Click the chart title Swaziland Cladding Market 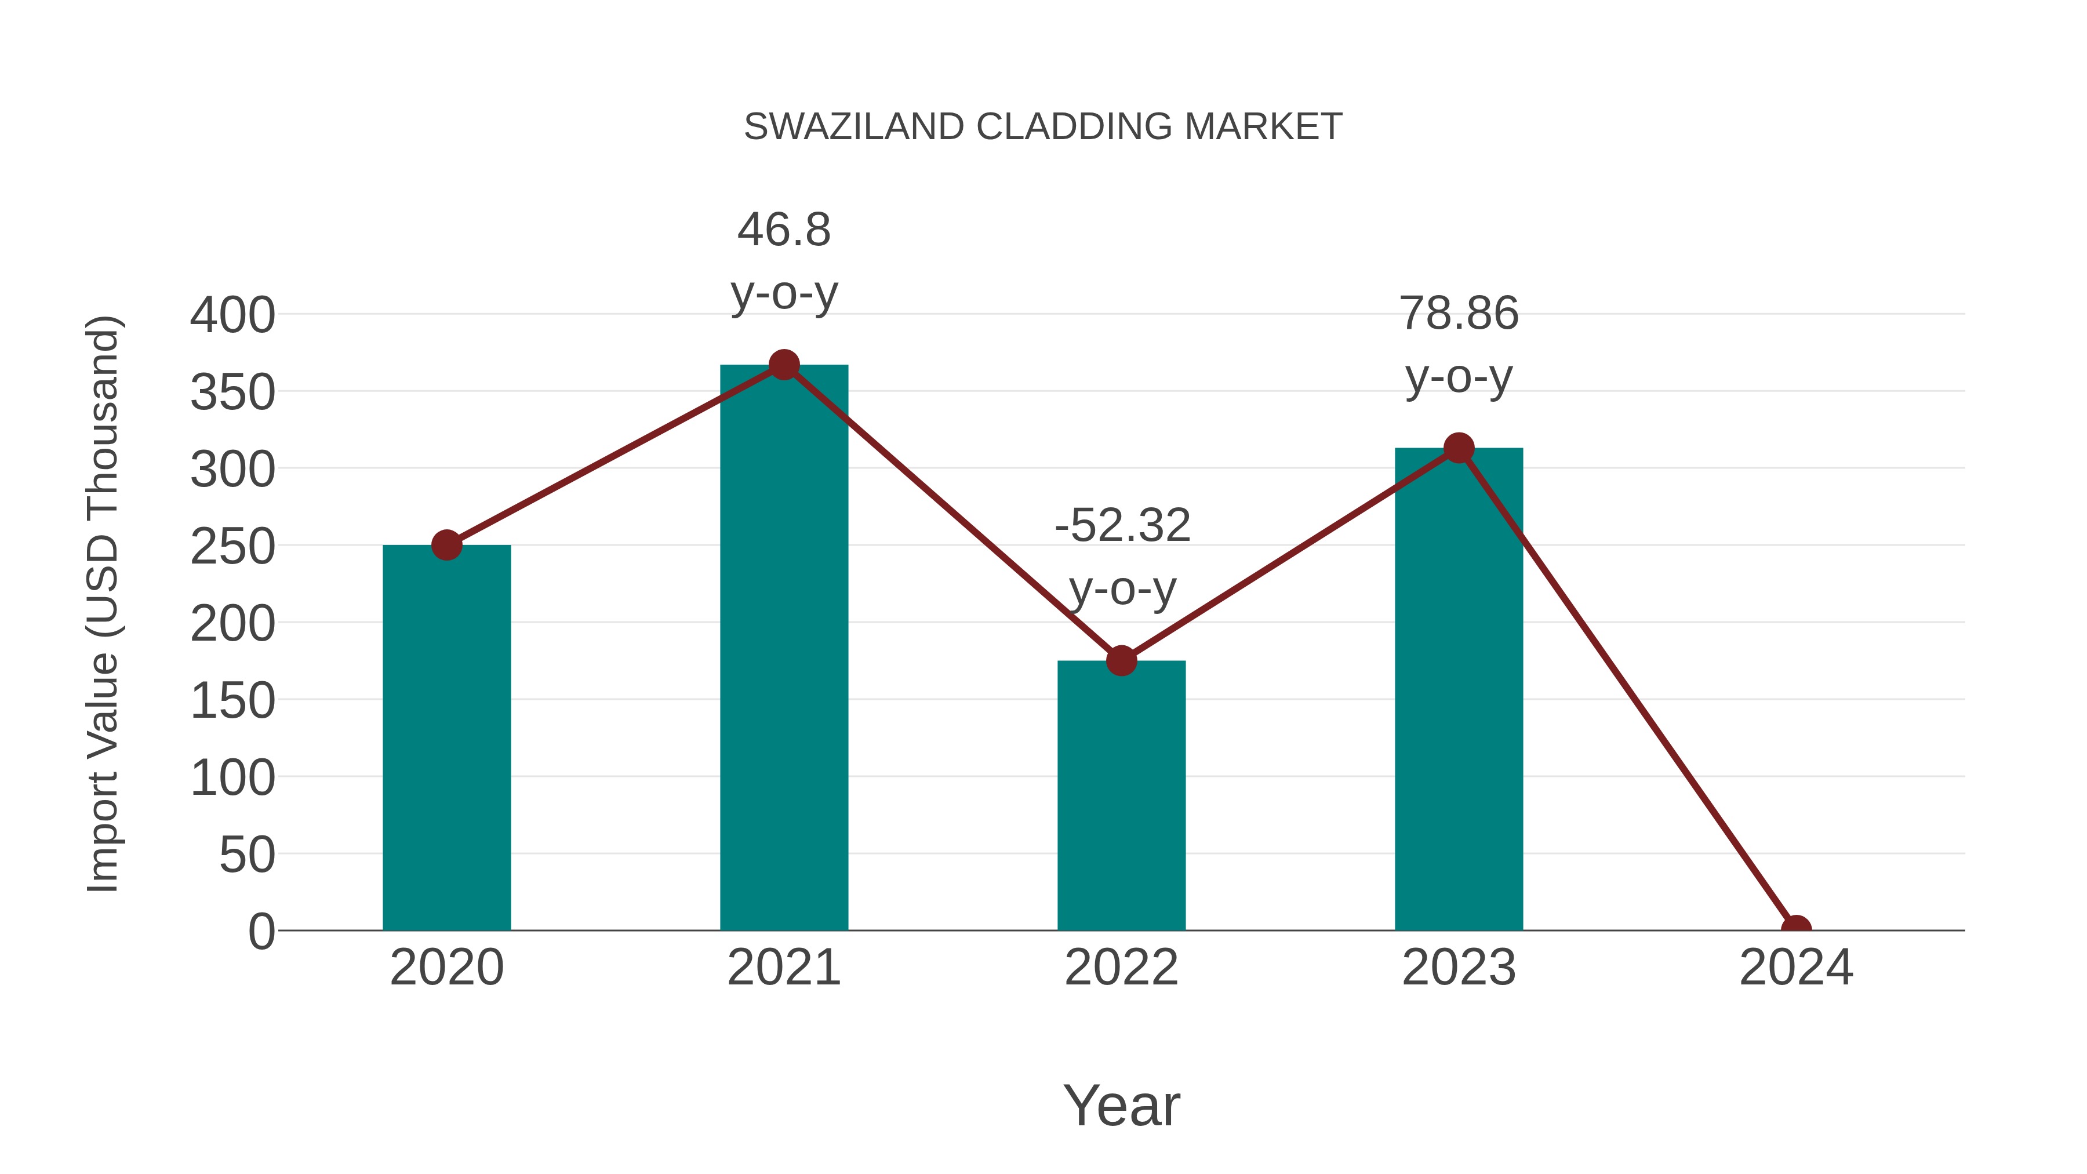click(1043, 127)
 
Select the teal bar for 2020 click(446, 737)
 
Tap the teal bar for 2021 click(783, 648)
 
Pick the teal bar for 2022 click(1121, 794)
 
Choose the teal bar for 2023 click(1459, 689)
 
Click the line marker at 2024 click(1796, 929)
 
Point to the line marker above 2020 click(446, 546)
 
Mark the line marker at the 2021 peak click(783, 365)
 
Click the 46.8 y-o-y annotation click(783, 261)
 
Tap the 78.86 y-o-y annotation click(1459, 344)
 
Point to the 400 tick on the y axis click(232, 315)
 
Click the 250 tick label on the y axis click(232, 547)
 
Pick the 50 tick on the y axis click(247, 855)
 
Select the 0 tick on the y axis click(261, 932)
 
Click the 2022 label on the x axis click(1121, 968)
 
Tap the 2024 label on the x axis click(1796, 968)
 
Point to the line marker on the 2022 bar click(1121, 661)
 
